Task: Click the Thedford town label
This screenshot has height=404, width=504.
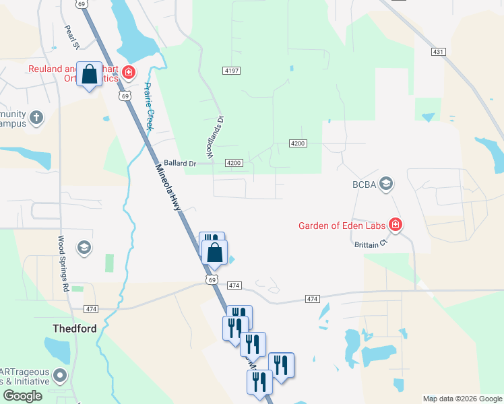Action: (75, 329)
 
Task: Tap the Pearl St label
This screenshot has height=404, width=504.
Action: (72, 38)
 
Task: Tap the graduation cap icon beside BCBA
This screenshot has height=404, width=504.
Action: (386, 184)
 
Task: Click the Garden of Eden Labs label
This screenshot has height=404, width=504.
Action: (343, 226)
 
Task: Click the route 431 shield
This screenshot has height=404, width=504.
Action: (439, 52)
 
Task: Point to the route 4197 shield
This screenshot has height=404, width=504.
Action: (230, 70)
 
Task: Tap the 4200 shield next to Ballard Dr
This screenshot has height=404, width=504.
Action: (234, 164)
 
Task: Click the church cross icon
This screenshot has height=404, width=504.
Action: (36, 119)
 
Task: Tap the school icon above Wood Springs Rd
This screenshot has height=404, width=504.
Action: (84, 248)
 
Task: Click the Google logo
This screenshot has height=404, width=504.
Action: (22, 396)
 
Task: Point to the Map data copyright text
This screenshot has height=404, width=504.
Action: (462, 399)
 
